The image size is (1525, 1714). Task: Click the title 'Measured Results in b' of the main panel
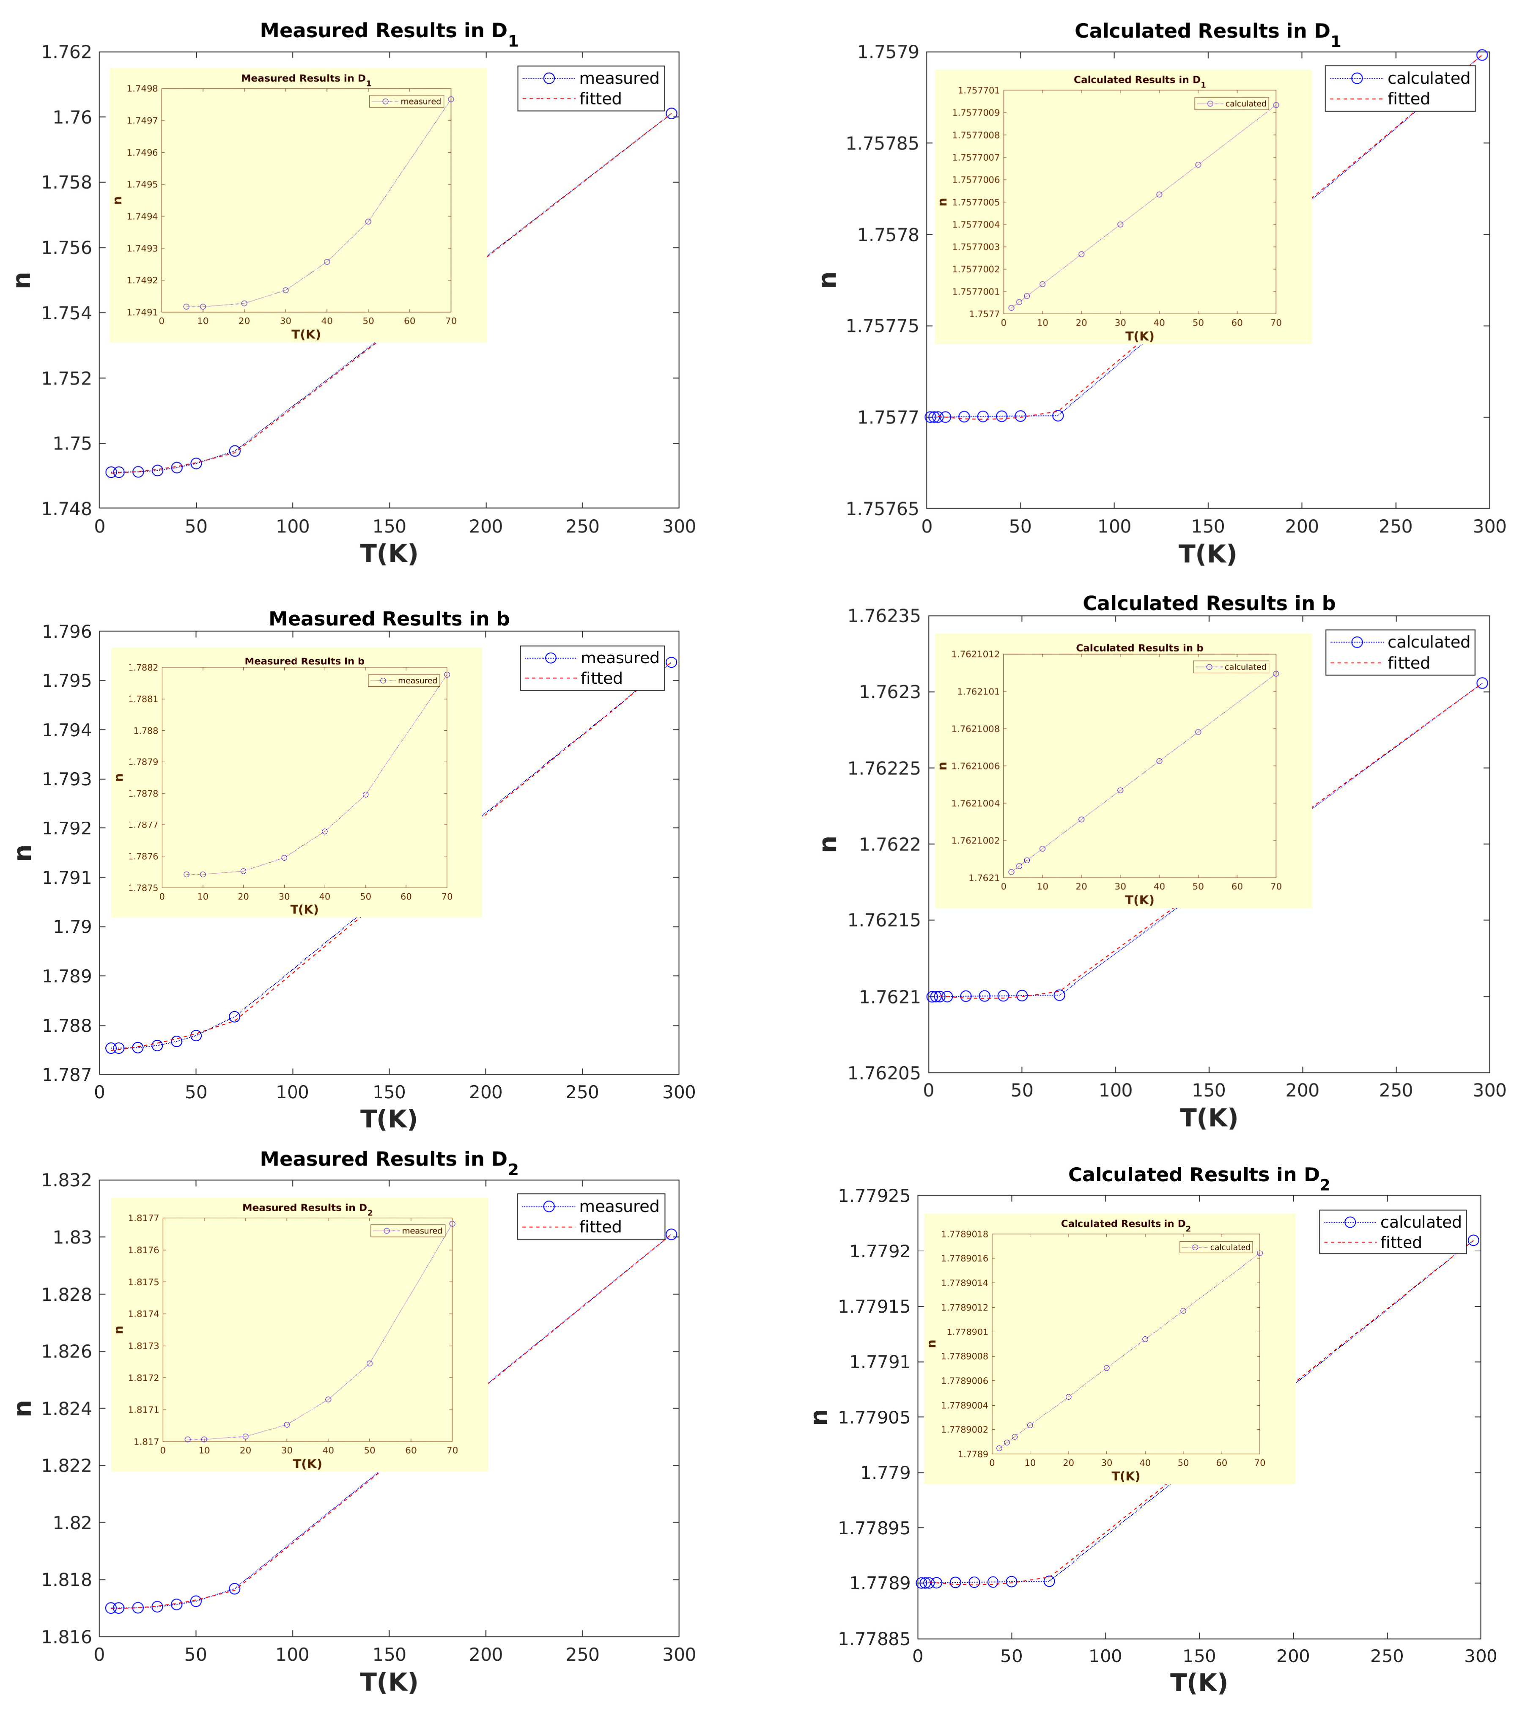point(389,619)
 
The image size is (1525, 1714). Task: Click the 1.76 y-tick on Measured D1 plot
point(72,118)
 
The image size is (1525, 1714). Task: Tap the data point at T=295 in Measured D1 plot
point(671,113)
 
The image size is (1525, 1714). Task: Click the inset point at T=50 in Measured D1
point(368,221)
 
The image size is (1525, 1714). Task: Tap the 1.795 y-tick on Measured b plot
point(67,681)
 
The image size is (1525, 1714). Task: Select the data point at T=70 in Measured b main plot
point(235,1016)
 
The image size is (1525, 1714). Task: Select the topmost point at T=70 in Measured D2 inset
point(452,1223)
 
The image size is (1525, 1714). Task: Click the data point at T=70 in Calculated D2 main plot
point(1049,1581)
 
